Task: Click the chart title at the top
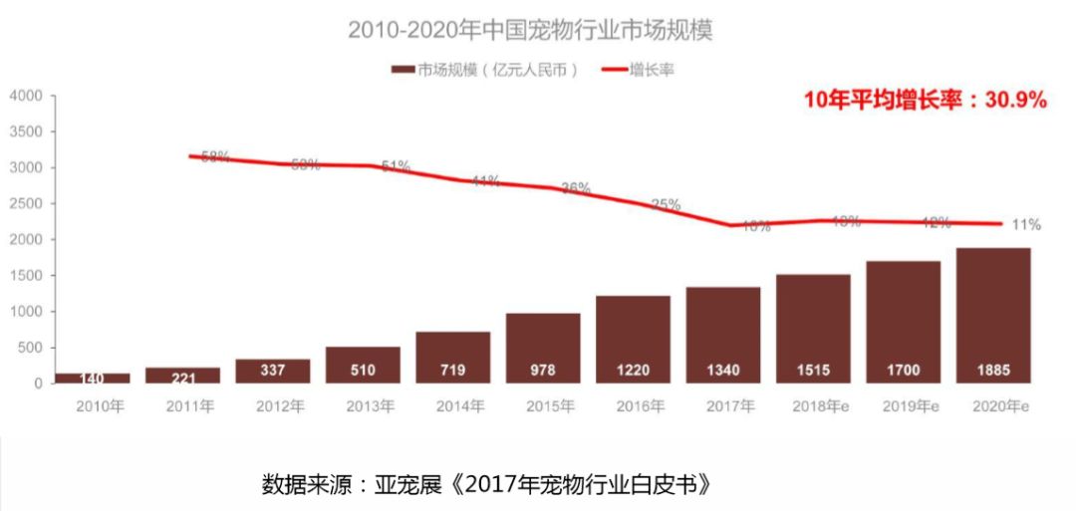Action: point(530,30)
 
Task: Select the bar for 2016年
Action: point(633,339)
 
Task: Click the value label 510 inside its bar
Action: point(363,371)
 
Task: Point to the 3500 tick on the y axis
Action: point(26,131)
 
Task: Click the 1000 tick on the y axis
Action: point(26,312)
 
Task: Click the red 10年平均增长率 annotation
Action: point(926,100)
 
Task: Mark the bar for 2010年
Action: point(93,378)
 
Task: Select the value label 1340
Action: point(723,371)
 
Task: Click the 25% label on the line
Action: point(666,204)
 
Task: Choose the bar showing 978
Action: point(543,348)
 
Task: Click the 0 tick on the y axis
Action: point(38,383)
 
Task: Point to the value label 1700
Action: point(903,371)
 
